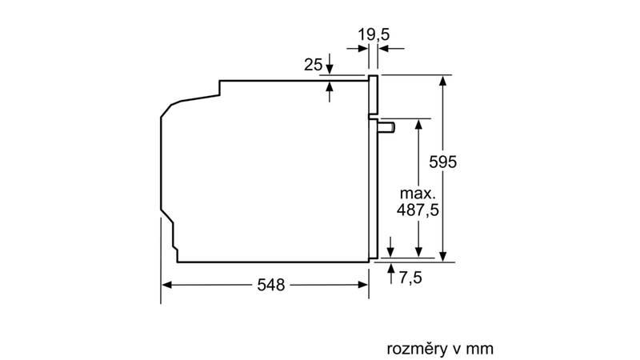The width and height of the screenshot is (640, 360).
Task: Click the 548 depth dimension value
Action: pos(266,286)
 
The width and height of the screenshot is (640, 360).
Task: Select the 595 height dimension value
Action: pos(442,161)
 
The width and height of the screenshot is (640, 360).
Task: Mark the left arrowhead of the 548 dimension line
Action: pos(167,285)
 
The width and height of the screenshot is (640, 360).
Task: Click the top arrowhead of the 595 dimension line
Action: pos(442,80)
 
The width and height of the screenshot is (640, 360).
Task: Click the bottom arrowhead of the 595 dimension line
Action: pos(442,256)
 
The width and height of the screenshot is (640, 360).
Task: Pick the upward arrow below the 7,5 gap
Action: pos(390,267)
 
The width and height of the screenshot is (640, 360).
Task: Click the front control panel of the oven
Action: pos(373,96)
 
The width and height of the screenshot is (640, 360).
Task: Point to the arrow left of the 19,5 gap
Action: pos(363,48)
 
